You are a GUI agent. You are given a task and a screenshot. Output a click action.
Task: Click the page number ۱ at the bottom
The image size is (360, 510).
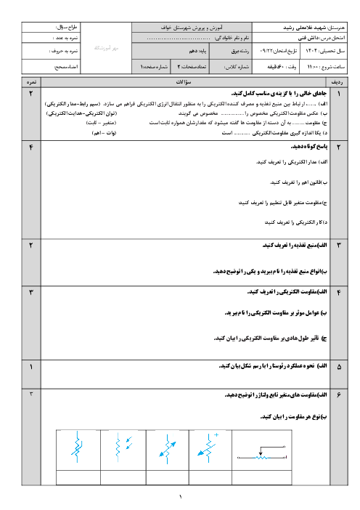pos(180,496)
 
